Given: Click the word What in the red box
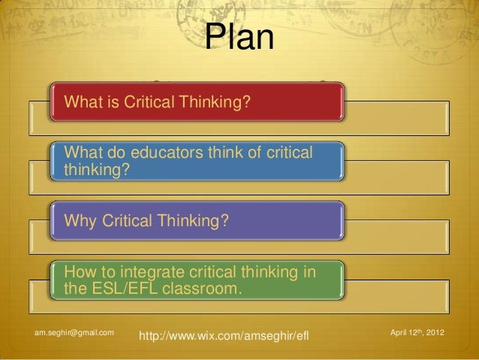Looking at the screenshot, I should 82,101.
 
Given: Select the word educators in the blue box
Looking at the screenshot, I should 167,154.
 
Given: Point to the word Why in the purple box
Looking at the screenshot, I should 80,222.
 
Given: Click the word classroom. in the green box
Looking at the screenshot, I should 203,286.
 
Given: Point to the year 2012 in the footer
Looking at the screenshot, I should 435,331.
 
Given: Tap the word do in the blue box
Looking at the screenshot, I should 114,154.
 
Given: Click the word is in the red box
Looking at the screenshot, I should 110,101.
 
